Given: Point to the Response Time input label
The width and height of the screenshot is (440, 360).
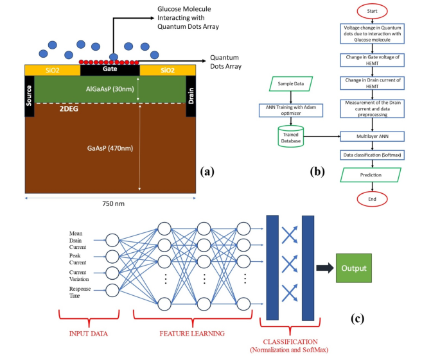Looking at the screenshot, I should [81, 293].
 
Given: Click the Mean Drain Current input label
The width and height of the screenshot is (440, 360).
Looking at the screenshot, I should [80, 239].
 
